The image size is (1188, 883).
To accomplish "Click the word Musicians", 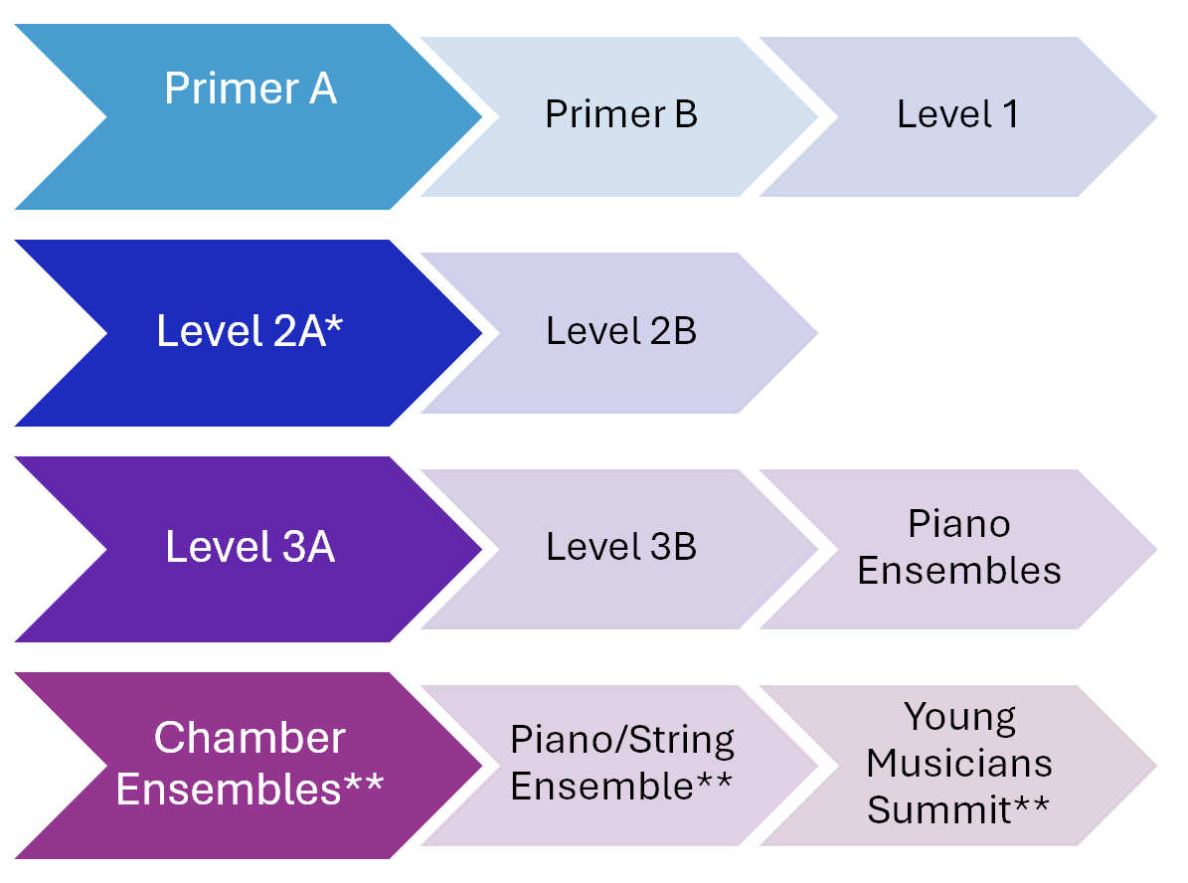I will [959, 763].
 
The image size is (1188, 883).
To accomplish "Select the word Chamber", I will [250, 738].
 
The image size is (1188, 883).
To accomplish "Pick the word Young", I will [959, 716].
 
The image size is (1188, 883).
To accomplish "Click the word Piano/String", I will [622, 740].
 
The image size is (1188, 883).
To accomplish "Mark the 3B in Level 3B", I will [672, 546].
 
